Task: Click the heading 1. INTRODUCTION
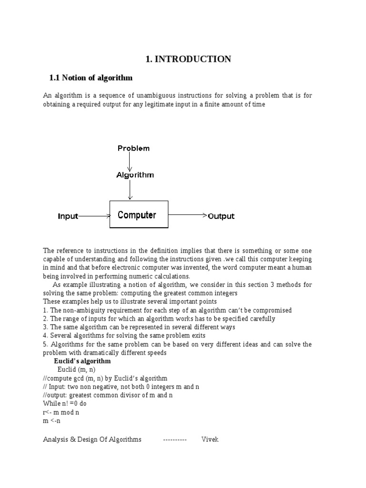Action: point(188,59)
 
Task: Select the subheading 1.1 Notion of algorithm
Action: point(91,78)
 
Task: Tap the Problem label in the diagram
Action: point(133,148)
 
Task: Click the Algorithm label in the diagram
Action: point(135,175)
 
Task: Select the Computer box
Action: point(139,214)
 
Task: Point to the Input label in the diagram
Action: point(68,216)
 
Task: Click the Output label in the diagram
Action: point(221,216)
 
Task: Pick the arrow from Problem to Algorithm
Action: point(130,162)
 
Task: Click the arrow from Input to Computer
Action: point(94,216)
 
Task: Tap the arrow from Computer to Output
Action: point(187,215)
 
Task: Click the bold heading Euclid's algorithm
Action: point(82,361)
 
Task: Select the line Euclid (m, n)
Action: point(77,370)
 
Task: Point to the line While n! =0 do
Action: point(65,404)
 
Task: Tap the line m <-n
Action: point(52,421)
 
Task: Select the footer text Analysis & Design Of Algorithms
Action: point(92,439)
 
